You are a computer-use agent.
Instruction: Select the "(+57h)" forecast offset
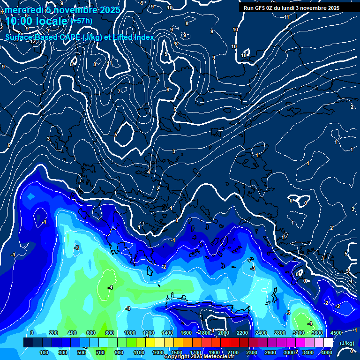[x=81, y=21]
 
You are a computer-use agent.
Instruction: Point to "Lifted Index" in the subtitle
[x=134, y=37]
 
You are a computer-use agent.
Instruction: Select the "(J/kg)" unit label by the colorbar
[x=347, y=343]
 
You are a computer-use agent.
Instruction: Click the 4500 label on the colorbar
[x=336, y=333]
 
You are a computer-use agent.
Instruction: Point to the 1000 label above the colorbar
[x=129, y=333]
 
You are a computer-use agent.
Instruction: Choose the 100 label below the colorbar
[x=44, y=352]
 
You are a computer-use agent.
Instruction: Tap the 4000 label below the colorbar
[x=327, y=352]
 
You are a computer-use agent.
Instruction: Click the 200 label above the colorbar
[x=53, y=333]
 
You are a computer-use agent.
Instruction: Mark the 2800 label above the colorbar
[x=280, y=333]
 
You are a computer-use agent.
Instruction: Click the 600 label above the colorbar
[x=91, y=333]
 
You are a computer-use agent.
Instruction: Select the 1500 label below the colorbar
[x=177, y=352]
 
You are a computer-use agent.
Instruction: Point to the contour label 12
[x=33, y=41]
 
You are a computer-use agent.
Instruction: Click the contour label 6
[x=167, y=90]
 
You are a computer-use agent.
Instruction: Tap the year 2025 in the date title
[x=110, y=10]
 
